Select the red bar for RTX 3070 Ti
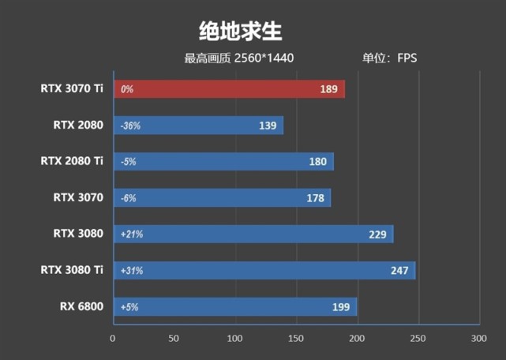click(229, 89)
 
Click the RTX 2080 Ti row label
click(72, 161)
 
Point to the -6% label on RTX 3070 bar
click(129, 198)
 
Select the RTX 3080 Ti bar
click(264, 271)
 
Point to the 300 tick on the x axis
click(478, 338)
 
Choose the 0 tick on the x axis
click(113, 338)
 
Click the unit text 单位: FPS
click(389, 58)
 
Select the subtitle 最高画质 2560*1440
click(238, 58)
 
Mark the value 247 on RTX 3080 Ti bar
click(399, 271)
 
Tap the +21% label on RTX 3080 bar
click(132, 234)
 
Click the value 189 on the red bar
click(329, 89)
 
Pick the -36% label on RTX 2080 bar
click(131, 126)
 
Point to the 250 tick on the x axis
click(418, 338)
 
